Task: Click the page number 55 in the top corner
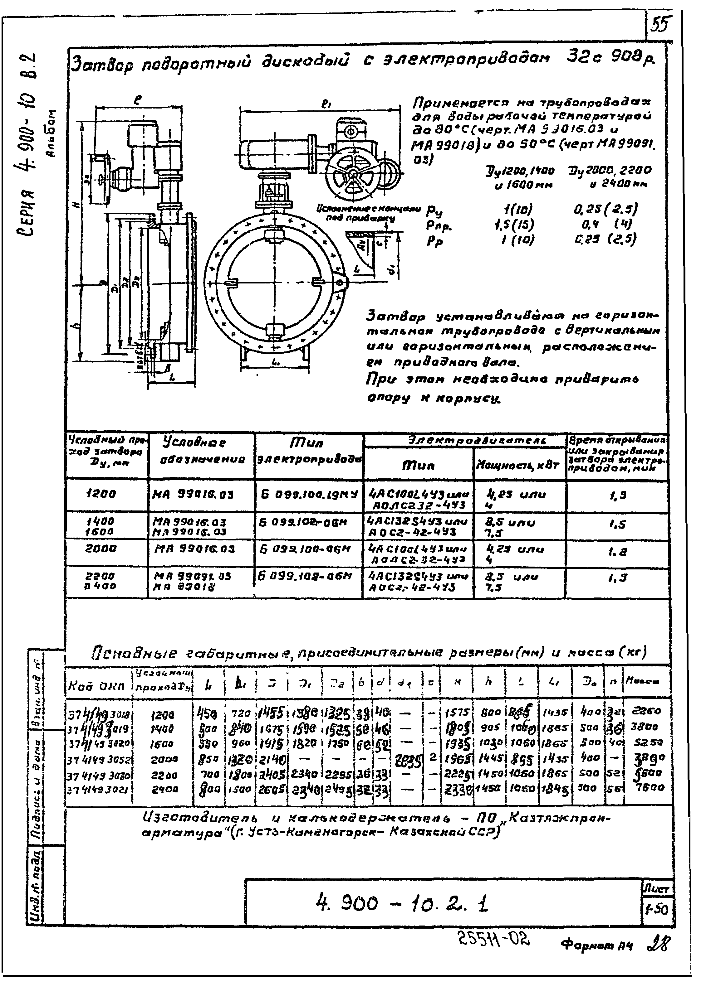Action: [x=660, y=25]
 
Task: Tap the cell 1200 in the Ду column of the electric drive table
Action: [x=101, y=494]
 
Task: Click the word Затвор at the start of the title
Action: [x=97, y=65]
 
